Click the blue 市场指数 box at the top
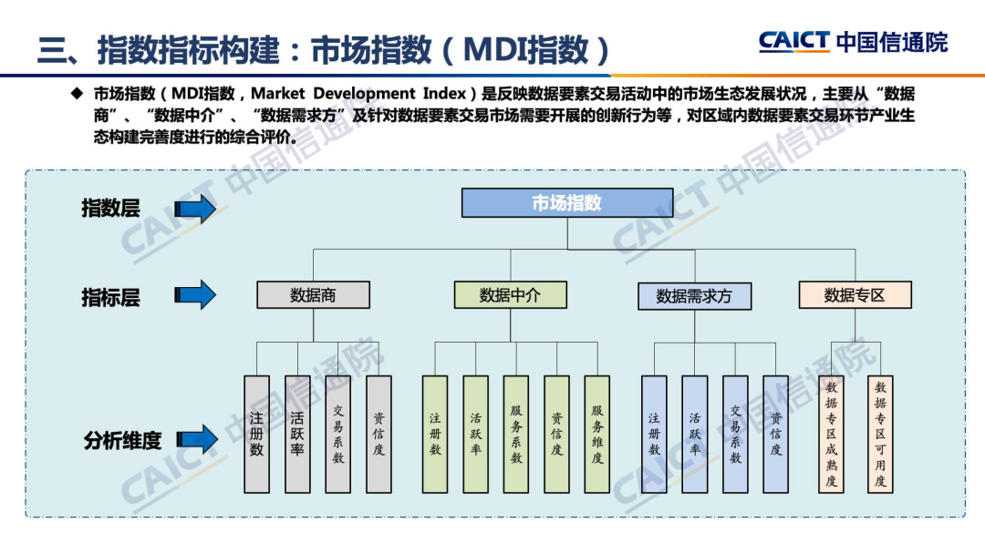pyautogui.click(x=566, y=202)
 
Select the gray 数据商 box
pyautogui.click(x=313, y=294)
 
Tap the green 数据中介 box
pyautogui.click(x=510, y=294)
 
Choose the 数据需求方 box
pyautogui.click(x=693, y=296)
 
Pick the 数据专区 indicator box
pyautogui.click(x=855, y=294)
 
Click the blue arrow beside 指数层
pyautogui.click(x=195, y=210)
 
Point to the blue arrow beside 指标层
pyautogui.click(x=195, y=294)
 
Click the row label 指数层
pyautogui.click(x=110, y=209)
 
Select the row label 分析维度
pyautogui.click(x=122, y=440)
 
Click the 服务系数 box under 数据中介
pyautogui.click(x=516, y=434)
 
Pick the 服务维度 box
pyautogui.click(x=597, y=434)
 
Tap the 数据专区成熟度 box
pyautogui.click(x=831, y=434)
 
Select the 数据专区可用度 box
pyautogui.click(x=880, y=434)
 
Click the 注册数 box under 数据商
pyautogui.click(x=256, y=434)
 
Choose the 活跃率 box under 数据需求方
pyautogui.click(x=694, y=434)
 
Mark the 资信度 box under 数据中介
pyautogui.click(x=556, y=434)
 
